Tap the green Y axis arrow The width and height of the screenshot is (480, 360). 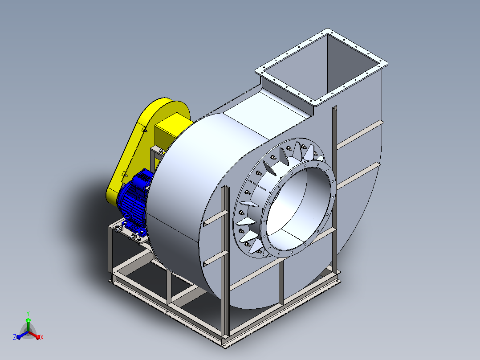pyautogui.click(x=28, y=324)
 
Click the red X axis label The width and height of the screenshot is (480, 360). pyautogui.click(x=42, y=337)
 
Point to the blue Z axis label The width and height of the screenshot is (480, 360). pyautogui.click(x=15, y=337)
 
